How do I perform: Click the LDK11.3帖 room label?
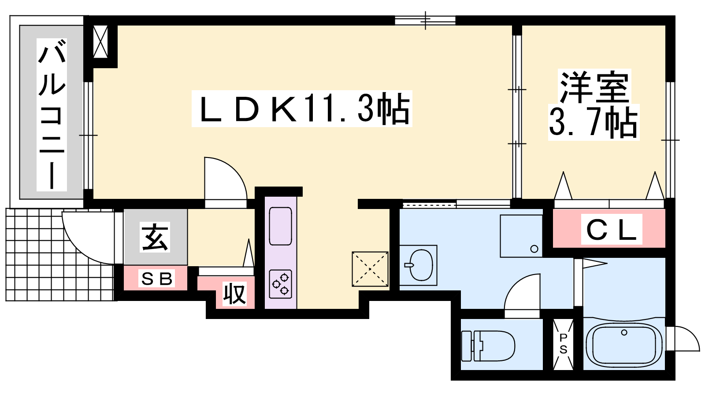pos(301,109)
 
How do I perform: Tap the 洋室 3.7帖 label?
pos(594,105)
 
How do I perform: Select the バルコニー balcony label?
pos(52,115)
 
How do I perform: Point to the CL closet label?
pos(611,229)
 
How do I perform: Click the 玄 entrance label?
pos(155,237)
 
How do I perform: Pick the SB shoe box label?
pos(156,279)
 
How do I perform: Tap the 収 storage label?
pos(234,294)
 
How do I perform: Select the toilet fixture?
pos(488,346)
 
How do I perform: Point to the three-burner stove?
pos(280,284)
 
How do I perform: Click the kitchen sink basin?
pos(280,226)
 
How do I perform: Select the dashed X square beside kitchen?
pos(370,269)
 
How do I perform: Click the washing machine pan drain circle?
pos(534,249)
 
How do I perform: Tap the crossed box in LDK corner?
pos(101,42)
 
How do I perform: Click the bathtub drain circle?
pos(624,332)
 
